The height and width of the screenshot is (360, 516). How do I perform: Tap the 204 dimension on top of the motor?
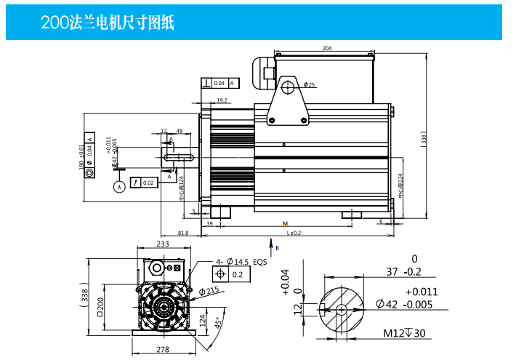pyautogui.click(x=326, y=48)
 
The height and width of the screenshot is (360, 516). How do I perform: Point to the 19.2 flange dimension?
pyautogui.click(x=222, y=100)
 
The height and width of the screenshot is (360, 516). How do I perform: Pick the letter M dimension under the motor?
pyautogui.click(x=286, y=223)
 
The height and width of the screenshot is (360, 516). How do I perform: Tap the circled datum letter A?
pyautogui.click(x=120, y=186)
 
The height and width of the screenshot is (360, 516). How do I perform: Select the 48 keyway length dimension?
pyautogui.click(x=179, y=132)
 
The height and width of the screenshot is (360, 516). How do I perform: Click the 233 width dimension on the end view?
pyautogui.click(x=162, y=244)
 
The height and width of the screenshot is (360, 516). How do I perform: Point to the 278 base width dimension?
pyautogui.click(x=162, y=350)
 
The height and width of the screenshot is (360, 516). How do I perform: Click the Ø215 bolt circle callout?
pyautogui.click(x=209, y=291)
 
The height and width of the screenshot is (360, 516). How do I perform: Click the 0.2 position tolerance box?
pyautogui.click(x=237, y=275)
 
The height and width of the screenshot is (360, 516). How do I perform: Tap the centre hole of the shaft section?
pyautogui.click(x=342, y=308)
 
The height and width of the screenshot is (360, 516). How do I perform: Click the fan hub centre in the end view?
pyautogui.click(x=161, y=306)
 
